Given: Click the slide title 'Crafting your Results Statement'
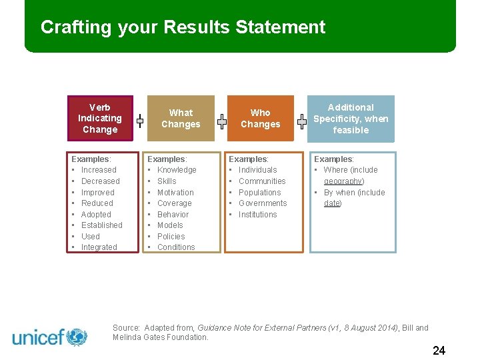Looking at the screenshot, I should coord(183,27).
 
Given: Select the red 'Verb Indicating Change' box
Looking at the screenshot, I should coord(100,119).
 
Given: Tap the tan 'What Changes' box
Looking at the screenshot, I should coord(181,119).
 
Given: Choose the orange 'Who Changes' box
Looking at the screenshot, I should coord(260,119).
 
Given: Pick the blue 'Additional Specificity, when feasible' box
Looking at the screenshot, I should coord(351,119).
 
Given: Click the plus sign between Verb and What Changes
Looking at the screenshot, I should coord(140,121).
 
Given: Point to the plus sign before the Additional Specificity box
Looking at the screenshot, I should coord(302,121).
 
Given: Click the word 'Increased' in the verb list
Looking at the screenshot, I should coord(99,170).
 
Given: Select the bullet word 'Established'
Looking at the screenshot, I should coord(102,225).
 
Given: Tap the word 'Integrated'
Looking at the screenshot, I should coord(99,247).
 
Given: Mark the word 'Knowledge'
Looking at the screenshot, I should coord(177,170).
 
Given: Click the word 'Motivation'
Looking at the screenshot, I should coord(175,193).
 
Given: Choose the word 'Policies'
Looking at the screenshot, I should coord(171,237).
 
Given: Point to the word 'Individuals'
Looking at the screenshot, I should coord(258,170).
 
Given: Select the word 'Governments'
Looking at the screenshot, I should coord(263,203).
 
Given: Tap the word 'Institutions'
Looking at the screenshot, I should coord(257,215).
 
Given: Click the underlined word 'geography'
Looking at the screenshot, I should coord(343,181).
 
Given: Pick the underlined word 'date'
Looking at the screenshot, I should coord(332,203).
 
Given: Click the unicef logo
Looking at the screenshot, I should coord(50,337).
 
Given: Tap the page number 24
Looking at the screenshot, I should coord(439,351).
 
